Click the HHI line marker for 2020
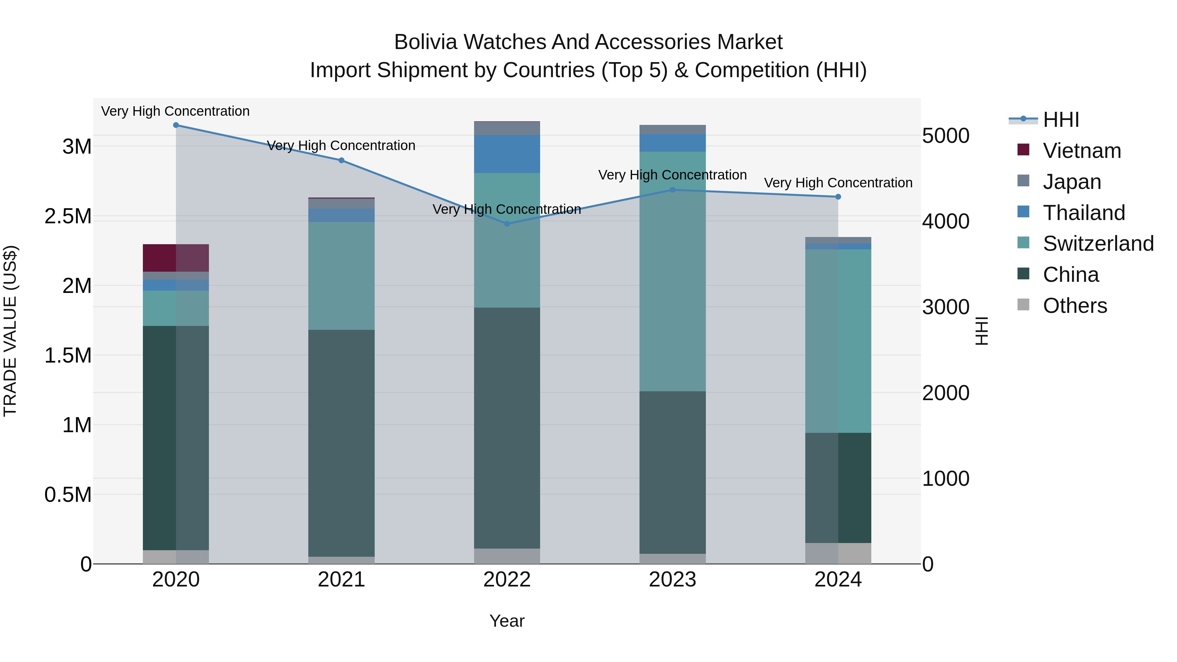[176, 125]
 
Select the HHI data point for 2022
[507, 224]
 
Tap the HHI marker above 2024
[838, 197]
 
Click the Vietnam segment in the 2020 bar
[176, 258]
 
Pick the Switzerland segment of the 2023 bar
[673, 271]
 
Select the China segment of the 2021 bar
[341, 443]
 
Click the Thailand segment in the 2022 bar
[507, 154]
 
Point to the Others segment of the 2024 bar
[838, 553]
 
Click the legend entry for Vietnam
[1082, 151]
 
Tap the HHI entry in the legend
[1061, 120]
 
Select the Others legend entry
[1075, 306]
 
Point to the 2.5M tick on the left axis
[68, 216]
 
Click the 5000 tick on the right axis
[945, 136]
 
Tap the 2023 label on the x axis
[673, 580]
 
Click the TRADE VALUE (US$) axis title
[10, 331]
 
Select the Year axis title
[507, 621]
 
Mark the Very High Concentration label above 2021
[341, 146]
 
